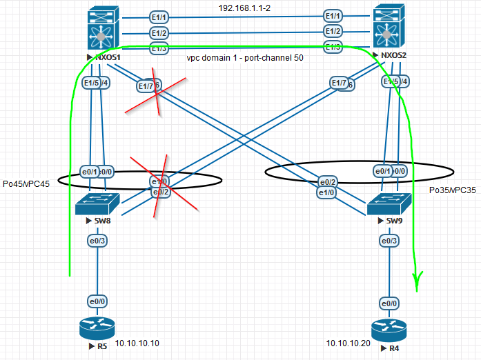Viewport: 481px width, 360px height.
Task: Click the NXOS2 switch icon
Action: pyautogui.click(x=387, y=26)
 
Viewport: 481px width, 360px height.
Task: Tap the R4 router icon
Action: pyautogui.click(x=389, y=330)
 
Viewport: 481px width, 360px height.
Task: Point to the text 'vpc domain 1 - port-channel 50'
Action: pyautogui.click(x=246, y=59)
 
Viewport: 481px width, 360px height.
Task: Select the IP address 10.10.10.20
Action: pyautogui.click(x=349, y=343)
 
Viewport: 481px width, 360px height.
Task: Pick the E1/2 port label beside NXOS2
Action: pyautogui.click(x=333, y=31)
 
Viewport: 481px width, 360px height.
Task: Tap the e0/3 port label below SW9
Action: pyautogui.click(x=389, y=241)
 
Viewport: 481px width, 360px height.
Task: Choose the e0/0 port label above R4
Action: pyautogui.click(x=389, y=303)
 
